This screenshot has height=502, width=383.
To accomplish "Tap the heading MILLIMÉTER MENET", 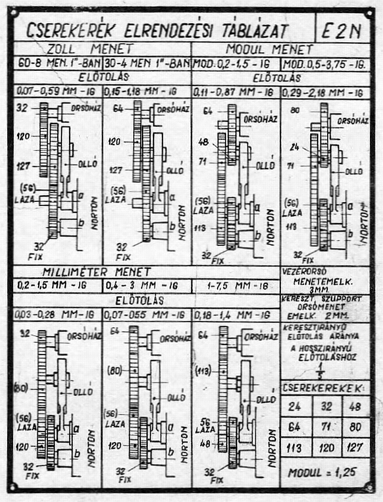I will point(97,272).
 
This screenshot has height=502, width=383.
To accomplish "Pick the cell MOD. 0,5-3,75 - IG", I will point(325,64).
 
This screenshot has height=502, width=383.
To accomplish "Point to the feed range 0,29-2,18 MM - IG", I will point(325,92).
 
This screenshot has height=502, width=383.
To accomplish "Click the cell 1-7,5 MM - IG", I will point(235,286).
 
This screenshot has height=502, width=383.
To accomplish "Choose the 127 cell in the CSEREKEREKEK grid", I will point(355,447).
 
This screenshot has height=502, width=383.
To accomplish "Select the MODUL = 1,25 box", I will point(325,472).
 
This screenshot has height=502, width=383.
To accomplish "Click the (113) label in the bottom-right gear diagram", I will point(204,371).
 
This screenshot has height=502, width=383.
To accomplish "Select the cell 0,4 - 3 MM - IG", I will point(147,286).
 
